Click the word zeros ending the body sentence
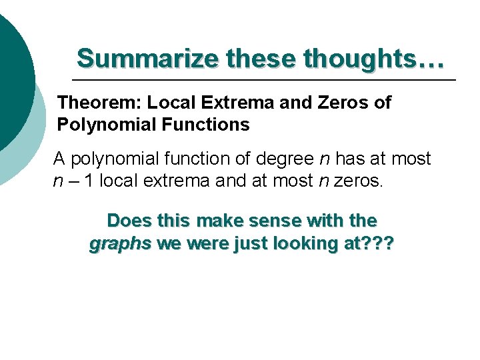[358, 181]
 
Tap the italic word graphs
[120, 244]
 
